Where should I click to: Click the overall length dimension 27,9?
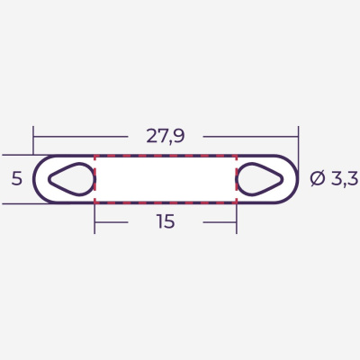tap(166, 136)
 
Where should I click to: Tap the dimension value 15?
tap(166, 221)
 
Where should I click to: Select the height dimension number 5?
tap(16, 178)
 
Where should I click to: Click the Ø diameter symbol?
tap(318, 178)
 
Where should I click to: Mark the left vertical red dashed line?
tap(94, 178)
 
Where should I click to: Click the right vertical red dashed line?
tap(237, 178)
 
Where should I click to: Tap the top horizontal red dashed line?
tap(166, 156)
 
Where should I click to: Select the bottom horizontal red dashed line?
tap(166, 202)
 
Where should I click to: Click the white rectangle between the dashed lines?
tap(166, 178)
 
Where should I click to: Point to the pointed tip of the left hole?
tap(49, 178)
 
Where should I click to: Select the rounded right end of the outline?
tap(298, 178)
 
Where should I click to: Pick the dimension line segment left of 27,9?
tap(85, 137)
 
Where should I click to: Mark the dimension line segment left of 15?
tap(121, 221)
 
